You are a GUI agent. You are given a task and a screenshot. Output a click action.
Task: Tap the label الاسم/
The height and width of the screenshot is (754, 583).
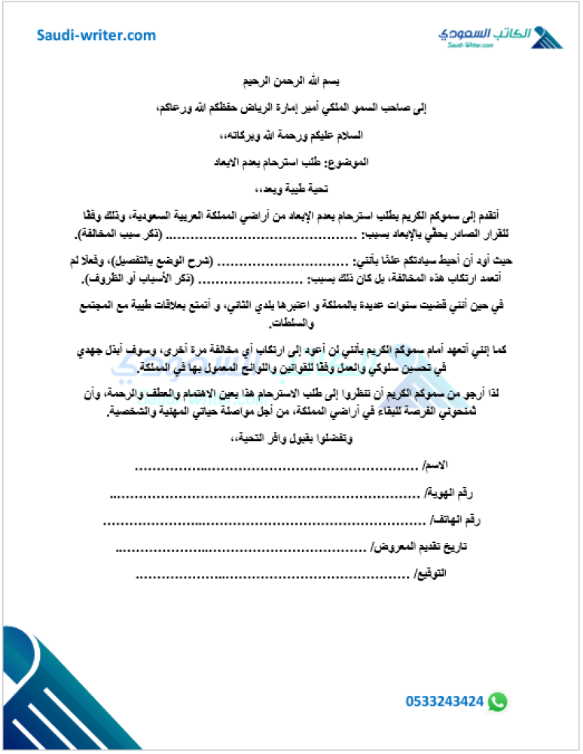tap(435, 465)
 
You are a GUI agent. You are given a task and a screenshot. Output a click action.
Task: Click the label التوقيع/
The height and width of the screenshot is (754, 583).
tap(430, 575)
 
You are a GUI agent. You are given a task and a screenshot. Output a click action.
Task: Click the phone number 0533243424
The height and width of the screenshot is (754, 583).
tap(444, 701)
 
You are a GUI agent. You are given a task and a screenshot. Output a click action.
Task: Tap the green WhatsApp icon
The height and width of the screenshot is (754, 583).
tap(497, 701)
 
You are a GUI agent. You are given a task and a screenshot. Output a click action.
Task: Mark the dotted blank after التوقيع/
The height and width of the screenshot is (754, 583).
tap(271, 578)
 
